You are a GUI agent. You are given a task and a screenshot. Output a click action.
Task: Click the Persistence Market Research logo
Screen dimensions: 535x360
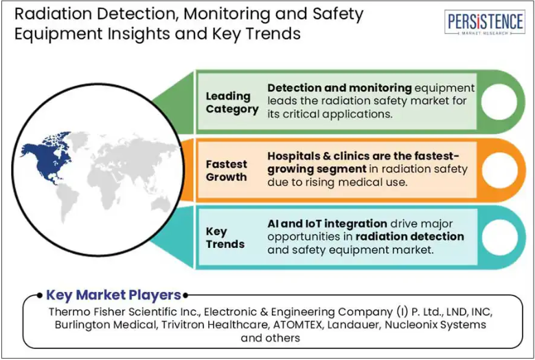(x=484, y=22)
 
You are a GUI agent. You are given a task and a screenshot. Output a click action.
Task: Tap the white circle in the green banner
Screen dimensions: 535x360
(x=499, y=102)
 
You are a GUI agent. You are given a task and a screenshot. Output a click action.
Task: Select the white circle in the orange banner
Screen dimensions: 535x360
(x=499, y=170)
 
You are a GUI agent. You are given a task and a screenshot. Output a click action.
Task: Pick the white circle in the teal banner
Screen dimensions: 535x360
(x=499, y=238)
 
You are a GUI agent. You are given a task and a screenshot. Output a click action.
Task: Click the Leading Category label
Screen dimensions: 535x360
(x=232, y=102)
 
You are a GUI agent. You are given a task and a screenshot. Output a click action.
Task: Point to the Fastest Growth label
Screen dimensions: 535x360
(x=226, y=170)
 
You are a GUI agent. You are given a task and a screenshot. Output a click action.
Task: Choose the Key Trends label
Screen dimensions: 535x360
(x=225, y=238)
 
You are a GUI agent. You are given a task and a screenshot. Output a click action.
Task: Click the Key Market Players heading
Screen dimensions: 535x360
(x=113, y=295)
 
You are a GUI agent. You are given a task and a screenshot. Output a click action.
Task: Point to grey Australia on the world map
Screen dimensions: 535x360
(x=161, y=204)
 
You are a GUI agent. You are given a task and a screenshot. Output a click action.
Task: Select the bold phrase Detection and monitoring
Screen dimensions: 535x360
(x=339, y=88)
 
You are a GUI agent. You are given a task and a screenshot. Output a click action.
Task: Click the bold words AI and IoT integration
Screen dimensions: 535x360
(x=327, y=223)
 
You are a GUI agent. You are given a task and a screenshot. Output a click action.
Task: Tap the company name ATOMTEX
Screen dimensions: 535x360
(x=297, y=324)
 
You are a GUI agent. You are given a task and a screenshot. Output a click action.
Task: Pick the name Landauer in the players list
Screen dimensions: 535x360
(x=353, y=324)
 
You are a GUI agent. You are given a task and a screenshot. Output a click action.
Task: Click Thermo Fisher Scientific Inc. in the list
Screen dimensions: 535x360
(x=124, y=311)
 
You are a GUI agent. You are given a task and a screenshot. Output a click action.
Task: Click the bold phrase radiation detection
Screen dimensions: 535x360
(x=409, y=236)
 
